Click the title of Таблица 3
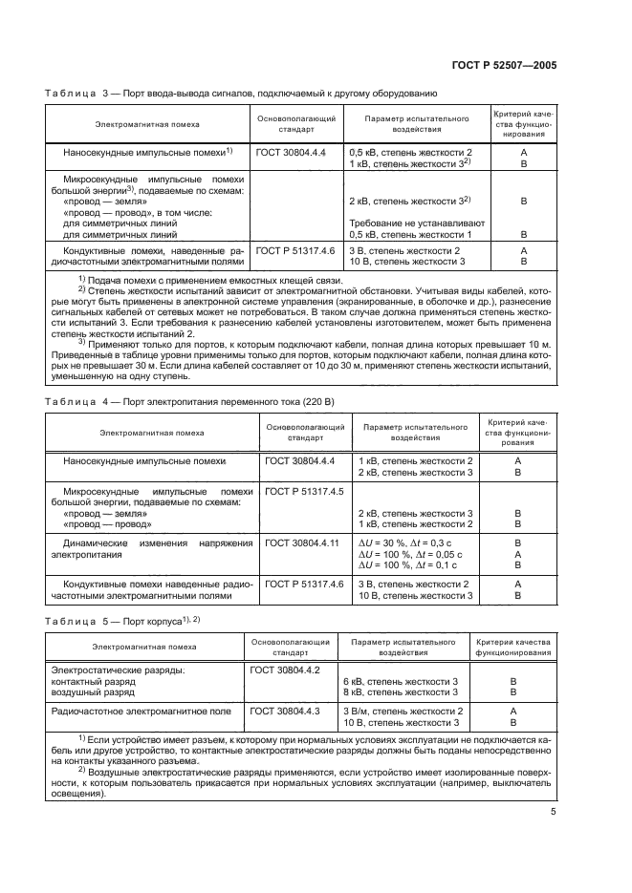click(x=238, y=93)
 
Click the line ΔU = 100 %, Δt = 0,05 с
click(x=412, y=554)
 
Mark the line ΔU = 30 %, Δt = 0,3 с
click(x=410, y=542)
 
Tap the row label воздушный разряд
click(x=94, y=691)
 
